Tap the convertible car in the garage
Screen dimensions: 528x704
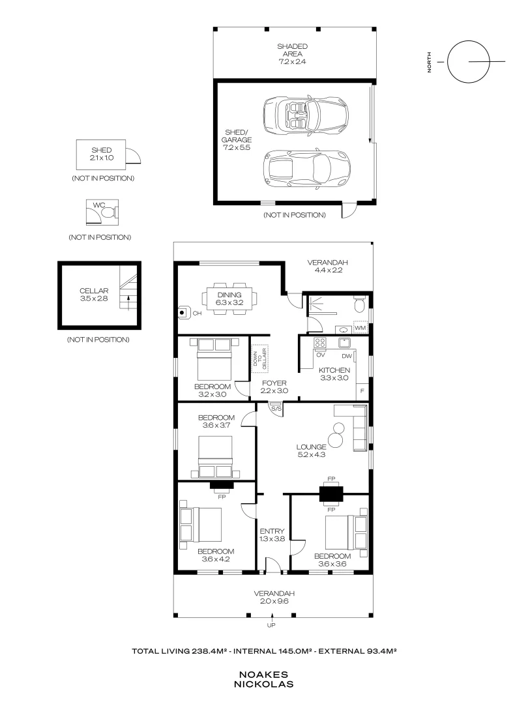point(305,115)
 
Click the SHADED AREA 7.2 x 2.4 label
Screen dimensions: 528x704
point(292,54)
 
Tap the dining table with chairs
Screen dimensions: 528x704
point(230,299)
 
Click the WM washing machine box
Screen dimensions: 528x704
point(360,328)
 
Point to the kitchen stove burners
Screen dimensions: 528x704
point(319,343)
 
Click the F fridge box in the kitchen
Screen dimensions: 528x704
point(362,391)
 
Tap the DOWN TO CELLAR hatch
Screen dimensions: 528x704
point(259,358)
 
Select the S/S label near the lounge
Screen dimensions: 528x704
point(276,409)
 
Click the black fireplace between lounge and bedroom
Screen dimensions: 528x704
point(331,494)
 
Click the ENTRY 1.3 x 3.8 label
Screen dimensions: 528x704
point(272,535)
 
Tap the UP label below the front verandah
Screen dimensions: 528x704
point(271,625)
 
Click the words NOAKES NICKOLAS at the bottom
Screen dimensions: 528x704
point(263,679)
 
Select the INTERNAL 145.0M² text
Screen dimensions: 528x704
point(273,651)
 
